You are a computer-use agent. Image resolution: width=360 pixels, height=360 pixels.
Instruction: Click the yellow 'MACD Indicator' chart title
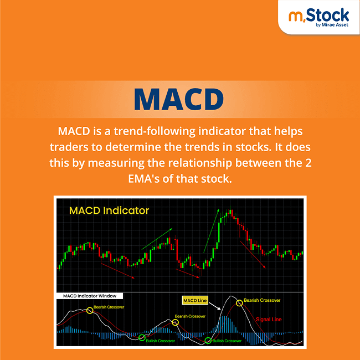click(109, 211)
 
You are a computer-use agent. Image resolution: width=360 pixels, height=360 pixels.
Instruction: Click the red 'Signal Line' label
click(269, 320)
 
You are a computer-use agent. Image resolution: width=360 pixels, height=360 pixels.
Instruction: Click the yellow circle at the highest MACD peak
click(239, 302)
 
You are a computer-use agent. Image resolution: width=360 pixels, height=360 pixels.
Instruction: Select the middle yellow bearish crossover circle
click(175, 322)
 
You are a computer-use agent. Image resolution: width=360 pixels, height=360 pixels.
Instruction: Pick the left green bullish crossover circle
click(142, 337)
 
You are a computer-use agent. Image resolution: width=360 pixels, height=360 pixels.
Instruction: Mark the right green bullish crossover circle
click(208, 341)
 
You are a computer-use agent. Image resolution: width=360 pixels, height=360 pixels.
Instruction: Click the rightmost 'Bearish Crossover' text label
click(262, 300)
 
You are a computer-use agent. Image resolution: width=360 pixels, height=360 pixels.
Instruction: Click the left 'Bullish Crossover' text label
click(161, 341)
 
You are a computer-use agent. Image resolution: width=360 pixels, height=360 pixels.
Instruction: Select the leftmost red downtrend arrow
click(118, 270)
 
